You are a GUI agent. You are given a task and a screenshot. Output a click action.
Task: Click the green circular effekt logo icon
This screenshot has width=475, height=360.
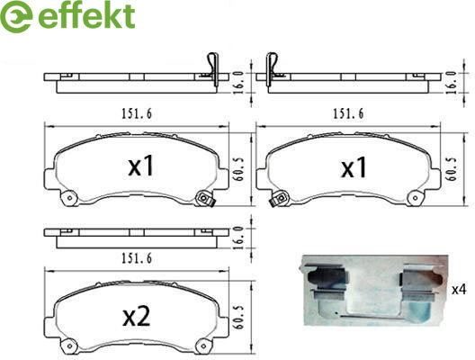coord(16,16)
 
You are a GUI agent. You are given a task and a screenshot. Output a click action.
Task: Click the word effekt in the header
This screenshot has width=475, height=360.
coord(86,15)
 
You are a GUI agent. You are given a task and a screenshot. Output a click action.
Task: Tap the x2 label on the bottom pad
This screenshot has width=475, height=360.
coord(137,318)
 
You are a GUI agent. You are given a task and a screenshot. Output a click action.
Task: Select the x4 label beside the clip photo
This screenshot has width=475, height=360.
coord(459,290)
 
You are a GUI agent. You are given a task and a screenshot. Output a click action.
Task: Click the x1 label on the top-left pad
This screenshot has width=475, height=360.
coord(141,166)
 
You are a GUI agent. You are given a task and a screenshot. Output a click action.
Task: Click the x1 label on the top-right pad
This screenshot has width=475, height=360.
coord(354,167)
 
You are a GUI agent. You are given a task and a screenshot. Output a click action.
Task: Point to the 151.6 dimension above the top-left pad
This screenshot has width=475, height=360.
coord(137,114)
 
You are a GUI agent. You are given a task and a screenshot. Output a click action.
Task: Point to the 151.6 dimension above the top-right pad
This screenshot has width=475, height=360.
coord(348,114)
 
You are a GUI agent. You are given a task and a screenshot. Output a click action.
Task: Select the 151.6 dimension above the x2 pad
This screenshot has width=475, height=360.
coord(137,258)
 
